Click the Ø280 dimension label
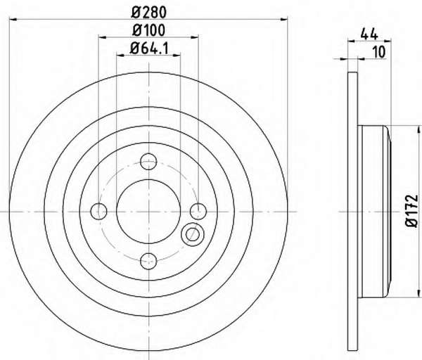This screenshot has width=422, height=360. click(x=149, y=13)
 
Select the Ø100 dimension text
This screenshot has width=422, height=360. click(x=148, y=30)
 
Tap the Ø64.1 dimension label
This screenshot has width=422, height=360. click(x=149, y=49)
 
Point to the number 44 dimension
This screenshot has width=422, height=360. click(x=369, y=34)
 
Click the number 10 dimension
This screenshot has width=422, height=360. click(x=380, y=52)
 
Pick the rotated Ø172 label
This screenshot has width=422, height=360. click(x=412, y=212)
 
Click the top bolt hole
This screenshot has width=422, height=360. click(x=148, y=162)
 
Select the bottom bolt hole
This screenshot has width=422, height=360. click(x=148, y=261)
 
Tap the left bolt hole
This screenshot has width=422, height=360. click(x=98, y=211)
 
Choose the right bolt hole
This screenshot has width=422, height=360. click(x=198, y=211)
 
